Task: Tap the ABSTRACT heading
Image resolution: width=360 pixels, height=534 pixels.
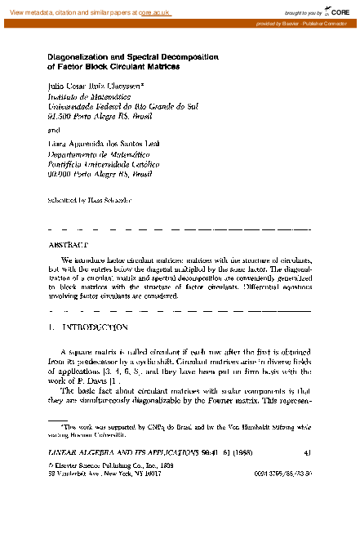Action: (x=68, y=244)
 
